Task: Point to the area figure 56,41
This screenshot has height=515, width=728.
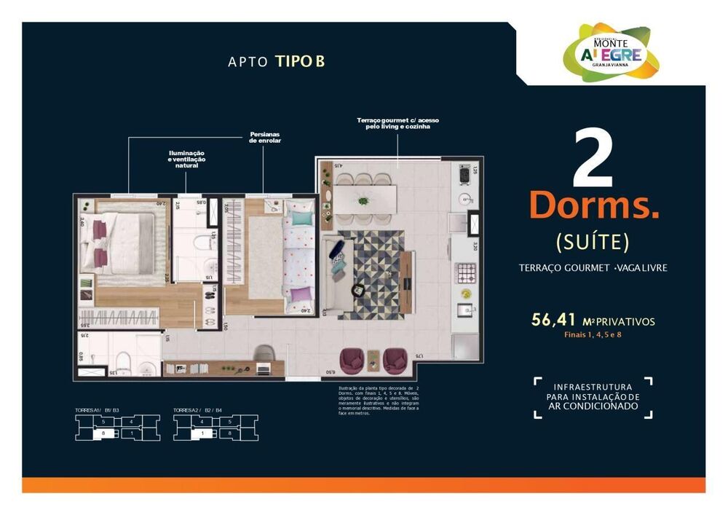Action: [555, 320]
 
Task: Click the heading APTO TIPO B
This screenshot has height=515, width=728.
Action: [276, 61]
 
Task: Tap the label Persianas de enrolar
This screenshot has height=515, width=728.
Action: [265, 137]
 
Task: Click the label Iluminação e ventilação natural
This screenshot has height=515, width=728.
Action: [186, 159]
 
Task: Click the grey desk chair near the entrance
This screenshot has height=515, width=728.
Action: [264, 355]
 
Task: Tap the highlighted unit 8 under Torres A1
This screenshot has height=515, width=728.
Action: [104, 433]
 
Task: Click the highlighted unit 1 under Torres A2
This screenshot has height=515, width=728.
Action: [202, 433]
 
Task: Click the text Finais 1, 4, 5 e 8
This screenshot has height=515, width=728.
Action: [595, 335]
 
